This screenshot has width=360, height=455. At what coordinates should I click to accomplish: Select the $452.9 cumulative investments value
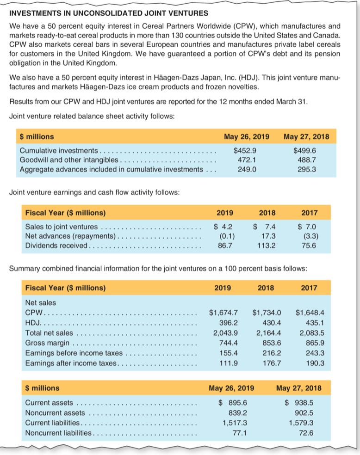pos(246,150)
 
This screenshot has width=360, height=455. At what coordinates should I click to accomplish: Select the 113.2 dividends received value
pos(267,246)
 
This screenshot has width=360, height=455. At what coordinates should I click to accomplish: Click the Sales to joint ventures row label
pos(61,227)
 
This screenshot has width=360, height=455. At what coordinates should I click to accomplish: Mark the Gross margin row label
pos(47,343)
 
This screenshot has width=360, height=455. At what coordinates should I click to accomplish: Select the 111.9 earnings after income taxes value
pos(228,363)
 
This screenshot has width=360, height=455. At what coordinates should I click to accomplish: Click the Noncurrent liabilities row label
pos(58,433)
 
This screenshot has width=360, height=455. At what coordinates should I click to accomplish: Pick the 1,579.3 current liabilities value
pos(301,423)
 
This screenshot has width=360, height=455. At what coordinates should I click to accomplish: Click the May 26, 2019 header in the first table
pos(246,136)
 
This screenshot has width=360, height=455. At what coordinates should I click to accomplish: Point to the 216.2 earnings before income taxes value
pos(271,353)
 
